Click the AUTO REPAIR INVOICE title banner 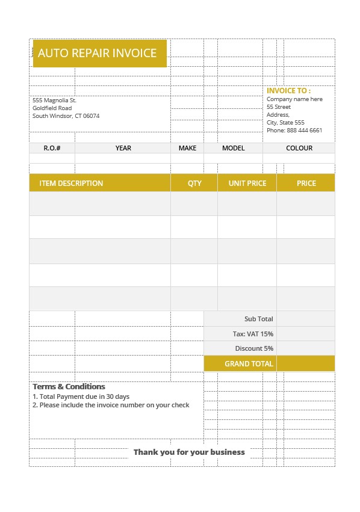98,53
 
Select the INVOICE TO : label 288,91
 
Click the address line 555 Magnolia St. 54,100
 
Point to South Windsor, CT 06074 66,116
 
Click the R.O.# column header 52,148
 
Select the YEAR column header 123,148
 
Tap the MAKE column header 187,148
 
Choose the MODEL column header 233,148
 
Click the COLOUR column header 299,148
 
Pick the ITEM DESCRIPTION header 71,183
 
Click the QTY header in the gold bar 194,183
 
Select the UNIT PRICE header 247,183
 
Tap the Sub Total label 258,319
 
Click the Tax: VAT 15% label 253,334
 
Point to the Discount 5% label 254,348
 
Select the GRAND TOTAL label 249,363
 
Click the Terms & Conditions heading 69,387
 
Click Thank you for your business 189,452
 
